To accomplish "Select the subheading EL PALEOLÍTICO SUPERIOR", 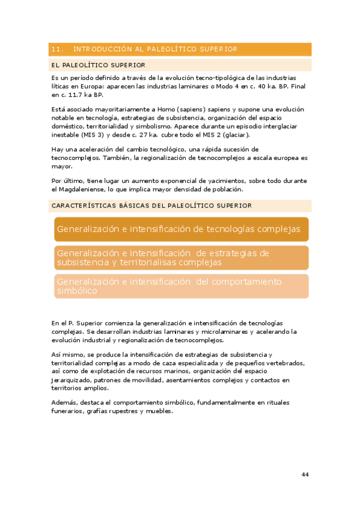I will tap(99, 65).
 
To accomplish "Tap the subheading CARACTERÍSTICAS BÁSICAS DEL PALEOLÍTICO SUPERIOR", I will tap(151, 206).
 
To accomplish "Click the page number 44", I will tap(305, 475).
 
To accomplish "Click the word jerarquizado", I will tap(73, 380).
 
